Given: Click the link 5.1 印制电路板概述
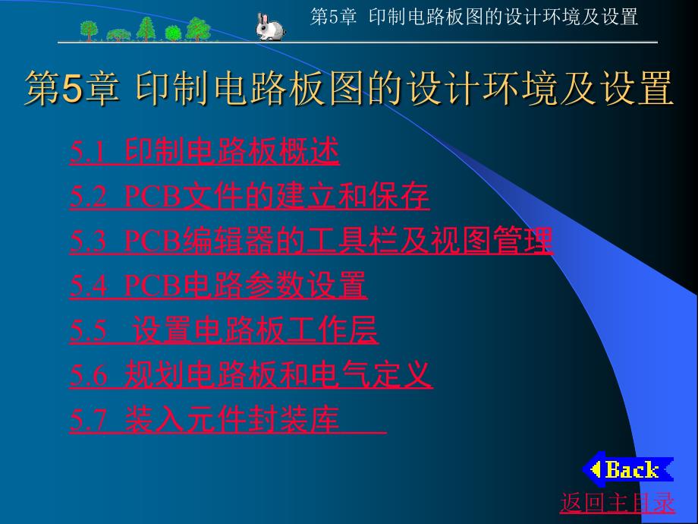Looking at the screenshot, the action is click(x=205, y=151).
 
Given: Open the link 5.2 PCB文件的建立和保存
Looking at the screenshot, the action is click(x=250, y=196).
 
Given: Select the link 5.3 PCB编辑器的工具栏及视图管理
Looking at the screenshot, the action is click(x=312, y=241).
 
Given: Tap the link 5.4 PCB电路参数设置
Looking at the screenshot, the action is click(x=219, y=286).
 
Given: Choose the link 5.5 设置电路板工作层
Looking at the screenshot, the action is click(x=225, y=330).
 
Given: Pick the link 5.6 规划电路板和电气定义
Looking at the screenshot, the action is click(x=251, y=374).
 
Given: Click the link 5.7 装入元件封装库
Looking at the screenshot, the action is click(x=228, y=419).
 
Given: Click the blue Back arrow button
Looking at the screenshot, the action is click(x=628, y=469).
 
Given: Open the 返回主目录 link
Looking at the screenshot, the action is click(x=618, y=503).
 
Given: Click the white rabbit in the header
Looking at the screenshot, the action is click(x=270, y=27).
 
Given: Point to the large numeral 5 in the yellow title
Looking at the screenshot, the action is click(x=73, y=88).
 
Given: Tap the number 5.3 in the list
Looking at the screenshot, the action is click(x=88, y=241).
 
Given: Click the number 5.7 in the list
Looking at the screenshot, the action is click(x=88, y=420).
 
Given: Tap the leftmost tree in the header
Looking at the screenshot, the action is click(x=89, y=30).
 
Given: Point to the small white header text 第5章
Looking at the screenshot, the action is click(x=333, y=17).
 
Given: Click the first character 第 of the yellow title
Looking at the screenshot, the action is click(x=42, y=88).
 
